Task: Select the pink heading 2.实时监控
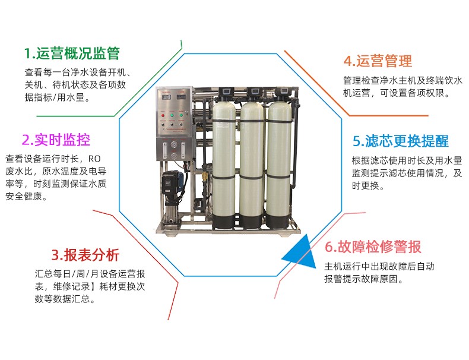(x=56, y=140)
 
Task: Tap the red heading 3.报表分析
(x=85, y=255)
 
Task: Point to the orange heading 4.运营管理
(x=378, y=61)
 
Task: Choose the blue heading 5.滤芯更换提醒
(x=401, y=141)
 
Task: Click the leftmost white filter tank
(x=226, y=160)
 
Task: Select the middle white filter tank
(x=252, y=160)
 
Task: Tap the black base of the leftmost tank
(x=226, y=221)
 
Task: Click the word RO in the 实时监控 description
(x=95, y=159)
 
